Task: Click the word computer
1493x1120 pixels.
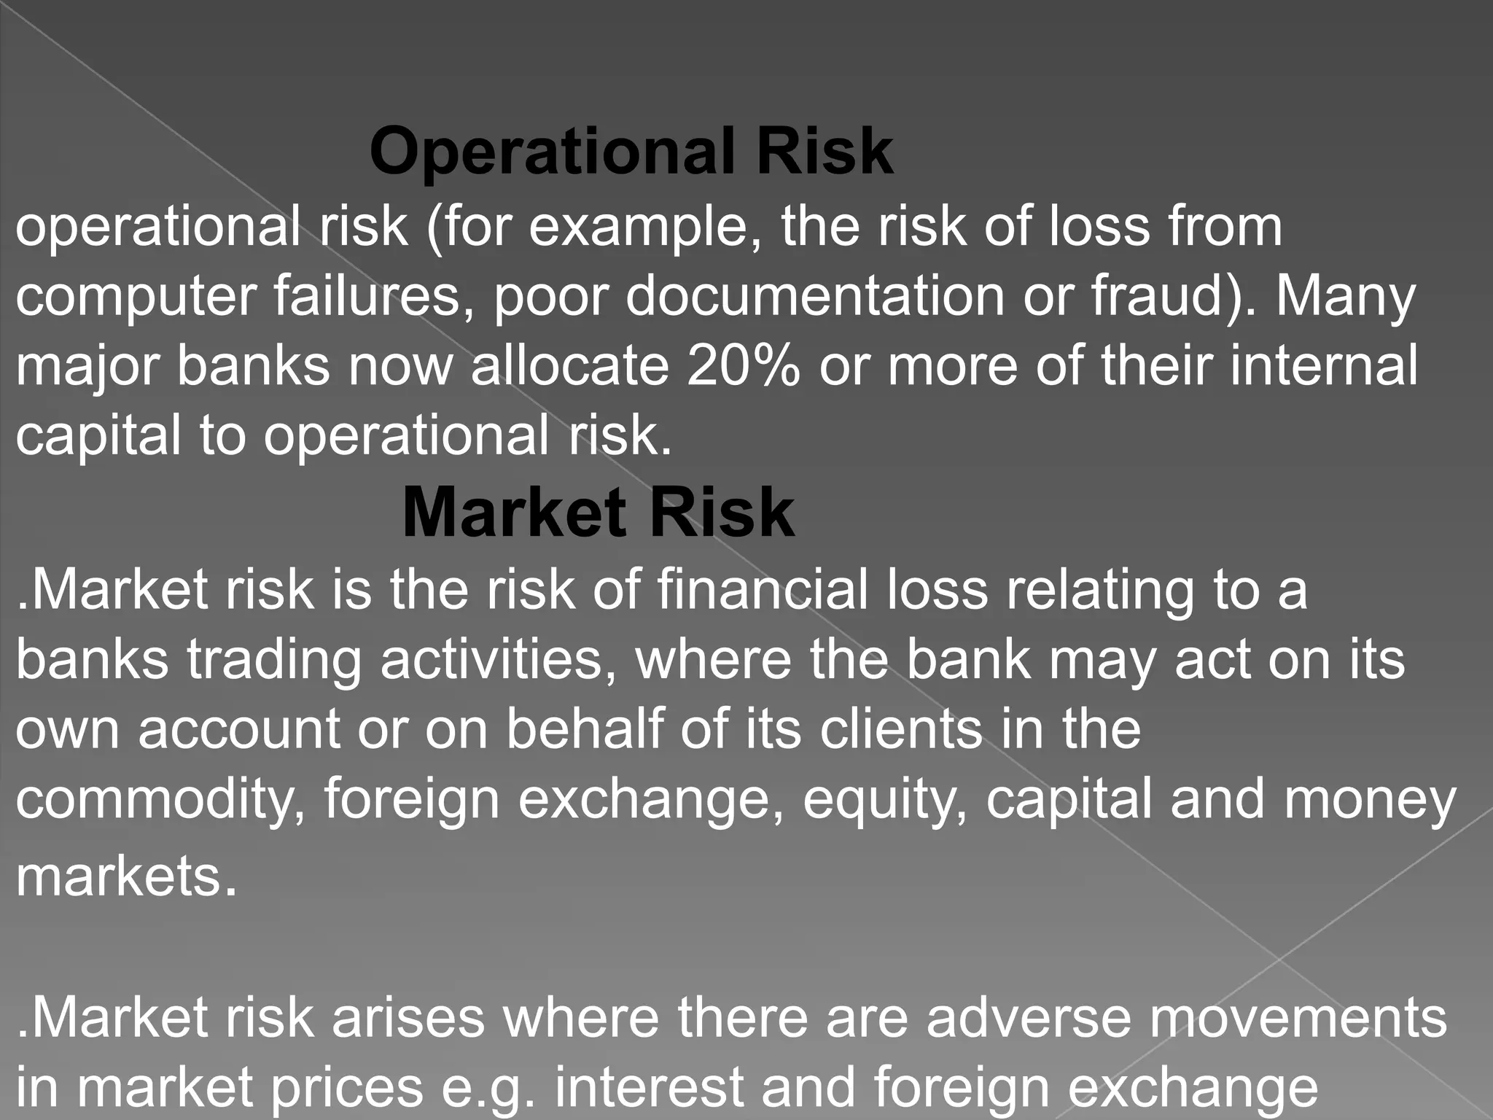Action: click(x=136, y=297)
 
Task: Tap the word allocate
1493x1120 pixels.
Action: click(x=569, y=365)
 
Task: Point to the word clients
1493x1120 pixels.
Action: click(x=901, y=729)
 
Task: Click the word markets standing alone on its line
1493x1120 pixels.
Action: click(x=119, y=876)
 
